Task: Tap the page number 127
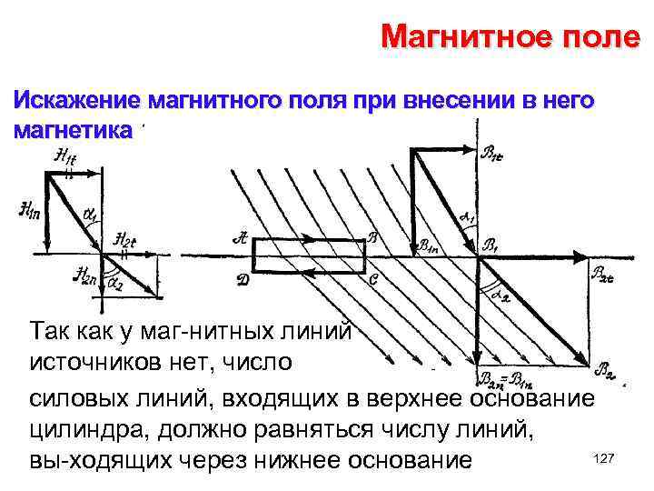point(602,460)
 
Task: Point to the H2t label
point(125,239)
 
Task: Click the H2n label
point(88,275)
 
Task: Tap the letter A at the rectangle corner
point(240,239)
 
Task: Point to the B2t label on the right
point(603,274)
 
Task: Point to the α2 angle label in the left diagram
point(115,284)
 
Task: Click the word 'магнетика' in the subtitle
point(73,129)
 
